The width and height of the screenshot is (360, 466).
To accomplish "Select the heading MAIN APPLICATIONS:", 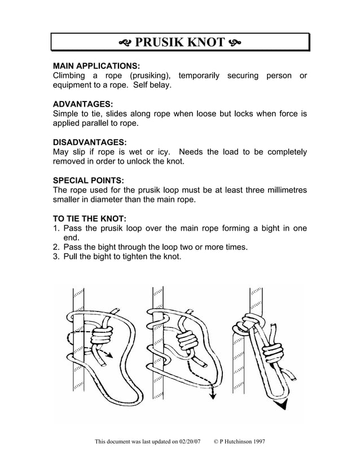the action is click(x=96, y=65).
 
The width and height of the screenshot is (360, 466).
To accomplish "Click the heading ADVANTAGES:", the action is click(x=82, y=104).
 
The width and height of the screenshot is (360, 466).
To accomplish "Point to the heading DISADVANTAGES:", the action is click(x=89, y=142).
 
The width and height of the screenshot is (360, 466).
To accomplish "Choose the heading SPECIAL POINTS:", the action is click(x=87, y=181).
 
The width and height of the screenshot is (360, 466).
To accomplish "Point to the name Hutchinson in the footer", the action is click(x=235, y=441).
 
